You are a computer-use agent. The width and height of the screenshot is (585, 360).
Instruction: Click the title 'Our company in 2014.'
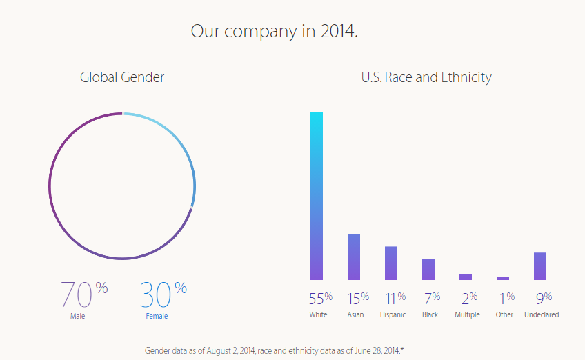pos(274,32)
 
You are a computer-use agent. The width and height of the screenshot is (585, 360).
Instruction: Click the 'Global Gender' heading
pos(122,77)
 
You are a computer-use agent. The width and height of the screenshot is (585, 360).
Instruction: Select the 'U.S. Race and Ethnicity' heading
pos(426,77)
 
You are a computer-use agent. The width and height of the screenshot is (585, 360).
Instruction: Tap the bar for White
pos(316,197)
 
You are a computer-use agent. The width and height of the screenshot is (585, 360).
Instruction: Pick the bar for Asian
pos(354,257)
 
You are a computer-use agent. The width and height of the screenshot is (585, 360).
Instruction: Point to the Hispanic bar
pos(391,263)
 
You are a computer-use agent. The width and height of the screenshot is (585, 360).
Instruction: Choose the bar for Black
pos(428,270)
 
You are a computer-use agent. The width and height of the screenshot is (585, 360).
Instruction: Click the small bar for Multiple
pos(466,277)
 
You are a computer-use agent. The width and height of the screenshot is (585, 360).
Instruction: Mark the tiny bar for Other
pos(503,279)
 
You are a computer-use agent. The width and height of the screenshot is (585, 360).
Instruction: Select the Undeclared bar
pos(540,266)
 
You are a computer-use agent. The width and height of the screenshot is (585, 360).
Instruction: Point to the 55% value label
pos(321,298)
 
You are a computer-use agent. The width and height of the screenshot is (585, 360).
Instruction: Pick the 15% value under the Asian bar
pos(357,298)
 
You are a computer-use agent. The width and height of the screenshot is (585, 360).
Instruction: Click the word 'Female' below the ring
pos(157,317)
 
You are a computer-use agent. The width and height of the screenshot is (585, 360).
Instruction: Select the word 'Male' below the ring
pos(77,317)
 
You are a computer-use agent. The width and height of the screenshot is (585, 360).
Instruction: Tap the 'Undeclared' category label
pos(542,315)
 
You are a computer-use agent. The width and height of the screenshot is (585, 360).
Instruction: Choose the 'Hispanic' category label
pos(393,315)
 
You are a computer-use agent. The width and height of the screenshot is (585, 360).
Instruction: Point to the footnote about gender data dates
pos(274,350)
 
